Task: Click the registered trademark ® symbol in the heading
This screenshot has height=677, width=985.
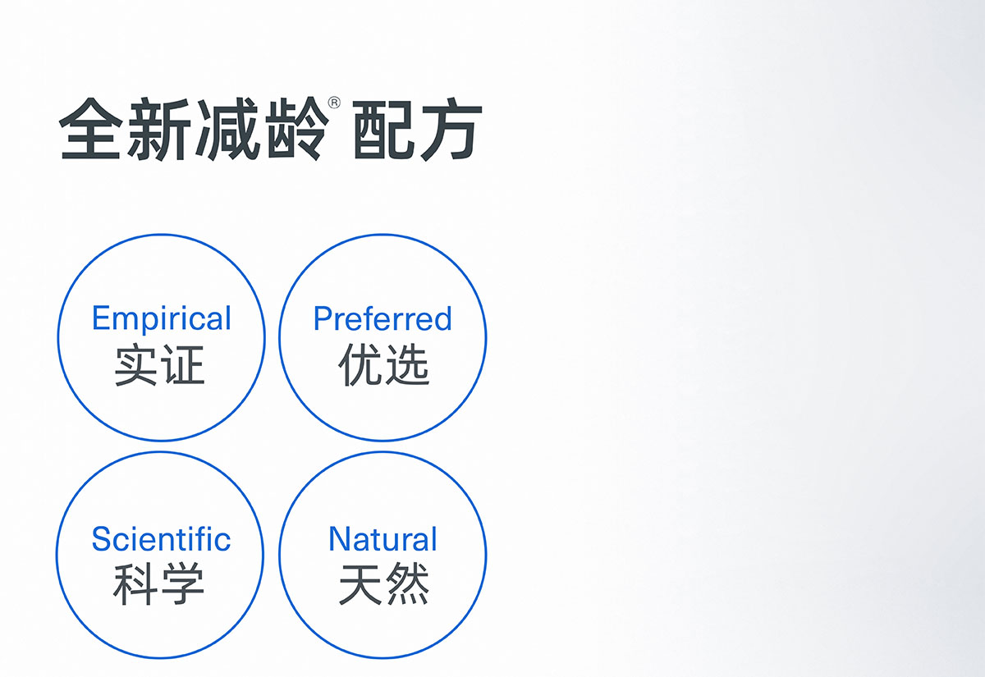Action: (x=334, y=103)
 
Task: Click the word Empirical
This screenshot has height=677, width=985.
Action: (x=162, y=318)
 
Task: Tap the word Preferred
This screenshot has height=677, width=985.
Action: (x=383, y=318)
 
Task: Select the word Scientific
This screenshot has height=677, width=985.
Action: (x=161, y=539)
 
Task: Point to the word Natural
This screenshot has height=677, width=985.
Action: (x=383, y=539)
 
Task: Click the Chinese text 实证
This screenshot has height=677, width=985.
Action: (x=159, y=366)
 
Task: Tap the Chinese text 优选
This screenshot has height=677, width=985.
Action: (x=383, y=365)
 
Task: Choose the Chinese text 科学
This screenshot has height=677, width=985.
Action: (x=158, y=584)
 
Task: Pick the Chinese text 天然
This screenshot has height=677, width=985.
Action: (x=384, y=584)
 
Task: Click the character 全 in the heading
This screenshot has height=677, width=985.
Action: (x=90, y=128)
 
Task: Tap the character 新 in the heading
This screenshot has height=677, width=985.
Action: (x=158, y=130)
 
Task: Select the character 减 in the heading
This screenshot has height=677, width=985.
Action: (x=227, y=130)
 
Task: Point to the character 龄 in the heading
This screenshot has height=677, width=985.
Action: (x=297, y=130)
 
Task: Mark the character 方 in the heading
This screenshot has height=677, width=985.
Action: (x=451, y=130)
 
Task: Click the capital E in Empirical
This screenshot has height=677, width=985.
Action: (x=99, y=318)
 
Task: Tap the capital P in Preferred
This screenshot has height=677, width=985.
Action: (x=323, y=318)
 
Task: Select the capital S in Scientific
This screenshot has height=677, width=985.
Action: (x=102, y=539)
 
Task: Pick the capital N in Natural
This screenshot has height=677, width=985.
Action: (x=340, y=538)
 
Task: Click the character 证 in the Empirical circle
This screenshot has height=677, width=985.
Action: (x=183, y=366)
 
